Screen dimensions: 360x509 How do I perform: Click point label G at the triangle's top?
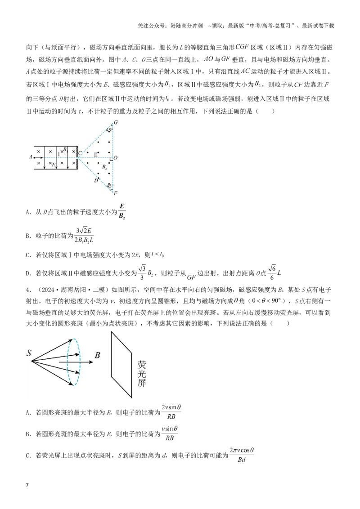click(116, 122)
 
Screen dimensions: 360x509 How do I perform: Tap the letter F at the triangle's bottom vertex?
click(116, 193)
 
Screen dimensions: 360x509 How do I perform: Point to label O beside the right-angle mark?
click(116, 158)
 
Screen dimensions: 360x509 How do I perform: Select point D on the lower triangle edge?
click(96, 180)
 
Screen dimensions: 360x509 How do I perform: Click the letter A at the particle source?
click(31, 157)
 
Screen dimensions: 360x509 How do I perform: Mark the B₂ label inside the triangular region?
click(104, 167)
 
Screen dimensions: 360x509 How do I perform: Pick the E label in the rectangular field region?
click(54, 165)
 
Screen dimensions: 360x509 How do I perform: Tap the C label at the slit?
click(80, 153)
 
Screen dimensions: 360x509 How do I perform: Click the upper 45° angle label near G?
click(109, 130)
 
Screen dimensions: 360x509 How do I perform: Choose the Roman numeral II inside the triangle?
click(96, 155)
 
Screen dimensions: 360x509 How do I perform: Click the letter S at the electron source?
click(29, 353)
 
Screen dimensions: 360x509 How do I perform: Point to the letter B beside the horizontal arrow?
click(98, 355)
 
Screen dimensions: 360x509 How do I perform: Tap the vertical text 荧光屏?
click(142, 373)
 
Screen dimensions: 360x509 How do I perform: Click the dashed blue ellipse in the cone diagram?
click(67, 362)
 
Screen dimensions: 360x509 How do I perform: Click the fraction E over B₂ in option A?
click(122, 211)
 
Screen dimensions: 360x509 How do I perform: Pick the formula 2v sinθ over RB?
click(171, 412)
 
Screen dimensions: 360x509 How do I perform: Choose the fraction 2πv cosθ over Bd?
click(241, 455)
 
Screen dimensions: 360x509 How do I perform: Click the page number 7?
click(27, 485)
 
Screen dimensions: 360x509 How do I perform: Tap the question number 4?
click(28, 290)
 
